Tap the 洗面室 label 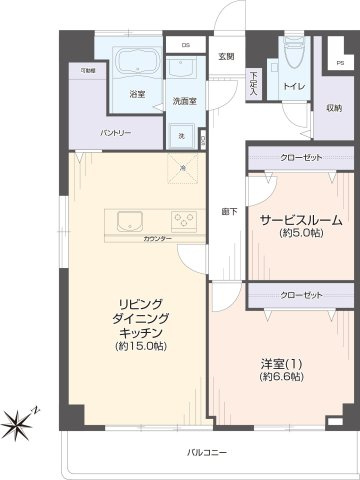pos(183,101)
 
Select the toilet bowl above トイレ pos(292,58)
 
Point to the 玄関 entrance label pos(227,56)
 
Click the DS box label pos(185,45)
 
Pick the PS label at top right pos(341,65)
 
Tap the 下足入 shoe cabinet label pos(254,84)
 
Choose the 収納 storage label pos(333,108)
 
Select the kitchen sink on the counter pos(131,219)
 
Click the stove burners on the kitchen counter pos(183,220)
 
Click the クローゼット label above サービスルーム pos(301,157)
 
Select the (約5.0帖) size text pos(301,234)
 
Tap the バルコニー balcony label pos(206,453)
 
